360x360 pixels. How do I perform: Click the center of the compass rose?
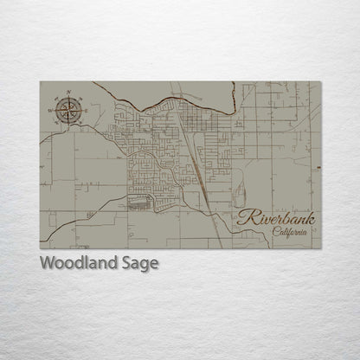pyautogui.click(x=67, y=109)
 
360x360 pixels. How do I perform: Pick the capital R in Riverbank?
pyautogui.click(x=247, y=218)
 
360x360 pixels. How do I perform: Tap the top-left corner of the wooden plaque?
pyautogui.click(x=40, y=81)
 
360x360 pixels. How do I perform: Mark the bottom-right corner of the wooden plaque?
pyautogui.click(x=322, y=249)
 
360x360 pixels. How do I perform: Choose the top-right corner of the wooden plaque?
pyautogui.click(x=322, y=81)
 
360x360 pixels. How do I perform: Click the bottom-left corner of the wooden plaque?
pyautogui.click(x=40, y=249)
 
